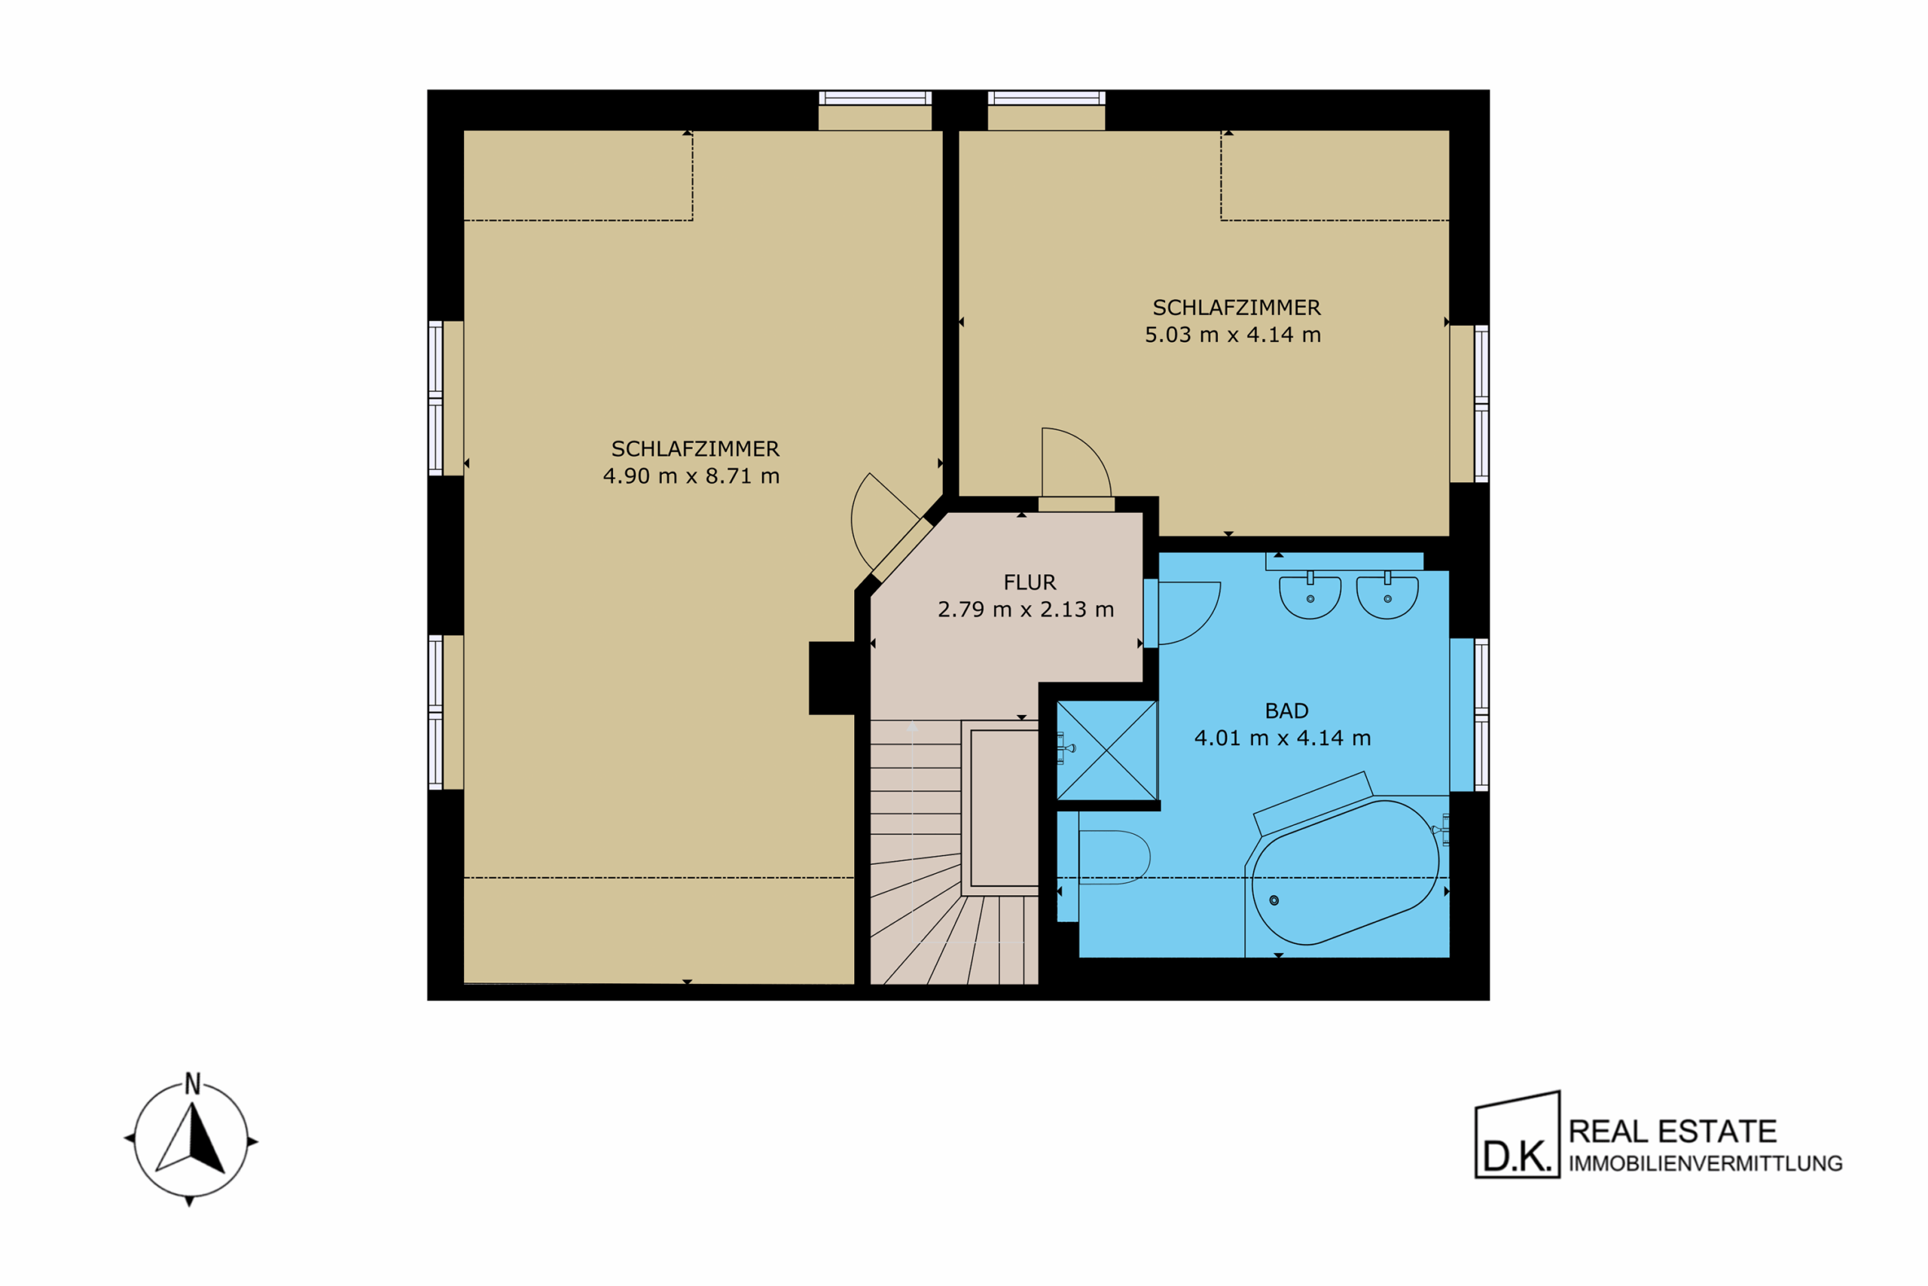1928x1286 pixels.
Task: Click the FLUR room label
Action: tap(1030, 582)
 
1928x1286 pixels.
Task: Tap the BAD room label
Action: tap(1286, 711)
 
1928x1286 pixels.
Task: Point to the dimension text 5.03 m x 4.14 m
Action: tap(1233, 334)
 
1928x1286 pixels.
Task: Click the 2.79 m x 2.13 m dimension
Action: tap(1026, 609)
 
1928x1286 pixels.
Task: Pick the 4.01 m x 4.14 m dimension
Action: tap(1282, 738)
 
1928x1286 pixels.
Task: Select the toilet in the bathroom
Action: tap(1114, 858)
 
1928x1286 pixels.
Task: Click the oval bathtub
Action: tap(1345, 872)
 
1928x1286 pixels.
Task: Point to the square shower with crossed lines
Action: tap(1106, 750)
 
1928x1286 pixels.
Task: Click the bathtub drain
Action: tap(1274, 900)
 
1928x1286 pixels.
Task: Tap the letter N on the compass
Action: tap(193, 1084)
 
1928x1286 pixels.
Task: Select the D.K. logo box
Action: tap(1518, 1135)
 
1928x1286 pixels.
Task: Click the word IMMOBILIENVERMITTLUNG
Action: tap(1706, 1164)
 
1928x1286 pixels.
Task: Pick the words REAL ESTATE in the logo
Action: tap(1672, 1132)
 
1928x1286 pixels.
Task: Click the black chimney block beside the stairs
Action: tap(832, 678)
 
